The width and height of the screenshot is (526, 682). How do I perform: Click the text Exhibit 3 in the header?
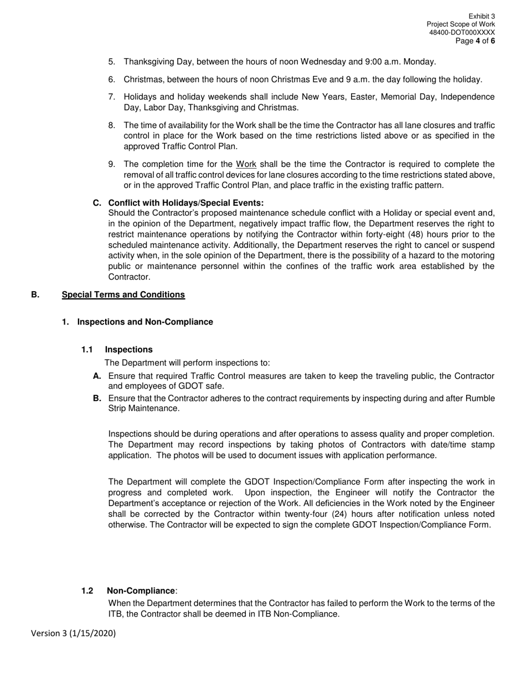pyautogui.click(x=481, y=17)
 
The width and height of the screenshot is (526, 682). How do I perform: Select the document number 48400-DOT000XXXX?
pyautogui.click(x=462, y=33)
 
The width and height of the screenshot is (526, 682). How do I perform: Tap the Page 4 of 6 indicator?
pyautogui.click(x=475, y=41)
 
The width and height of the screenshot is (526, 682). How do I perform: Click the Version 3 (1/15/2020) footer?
pyautogui.click(x=73, y=633)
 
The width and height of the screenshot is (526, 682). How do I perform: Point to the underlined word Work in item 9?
pyautogui.click(x=246, y=164)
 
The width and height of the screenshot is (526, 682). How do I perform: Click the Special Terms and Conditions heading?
pyautogui.click(x=123, y=294)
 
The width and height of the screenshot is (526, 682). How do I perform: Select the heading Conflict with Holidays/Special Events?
pyautogui.click(x=186, y=203)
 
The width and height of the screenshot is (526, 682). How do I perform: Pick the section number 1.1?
pyautogui.click(x=87, y=349)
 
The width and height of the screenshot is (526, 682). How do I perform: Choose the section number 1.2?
pyautogui.click(x=87, y=591)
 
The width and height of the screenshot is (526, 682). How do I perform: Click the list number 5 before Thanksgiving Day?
pyautogui.click(x=111, y=62)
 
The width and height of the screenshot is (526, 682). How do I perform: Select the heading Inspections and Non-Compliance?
pyautogui.click(x=145, y=322)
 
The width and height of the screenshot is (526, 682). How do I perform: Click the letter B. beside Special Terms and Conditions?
pyautogui.click(x=35, y=294)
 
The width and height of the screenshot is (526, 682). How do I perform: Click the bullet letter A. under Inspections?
pyautogui.click(x=97, y=376)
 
